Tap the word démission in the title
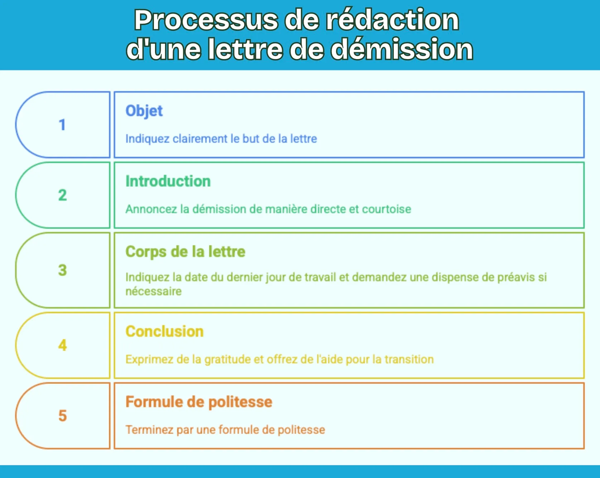coord(402,49)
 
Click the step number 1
coord(62,125)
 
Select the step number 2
coord(62,195)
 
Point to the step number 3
coord(62,270)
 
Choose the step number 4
coord(62,345)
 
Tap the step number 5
coord(62,416)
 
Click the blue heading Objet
coord(144,111)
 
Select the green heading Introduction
coord(168,181)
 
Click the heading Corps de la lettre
coord(185,252)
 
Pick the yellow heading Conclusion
coord(164,332)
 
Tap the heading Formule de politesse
coord(199,402)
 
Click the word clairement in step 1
coord(200,139)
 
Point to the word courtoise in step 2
coord(386,209)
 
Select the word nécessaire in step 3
coord(153,292)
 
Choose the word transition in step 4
coord(409,360)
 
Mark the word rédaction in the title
coord(392,20)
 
